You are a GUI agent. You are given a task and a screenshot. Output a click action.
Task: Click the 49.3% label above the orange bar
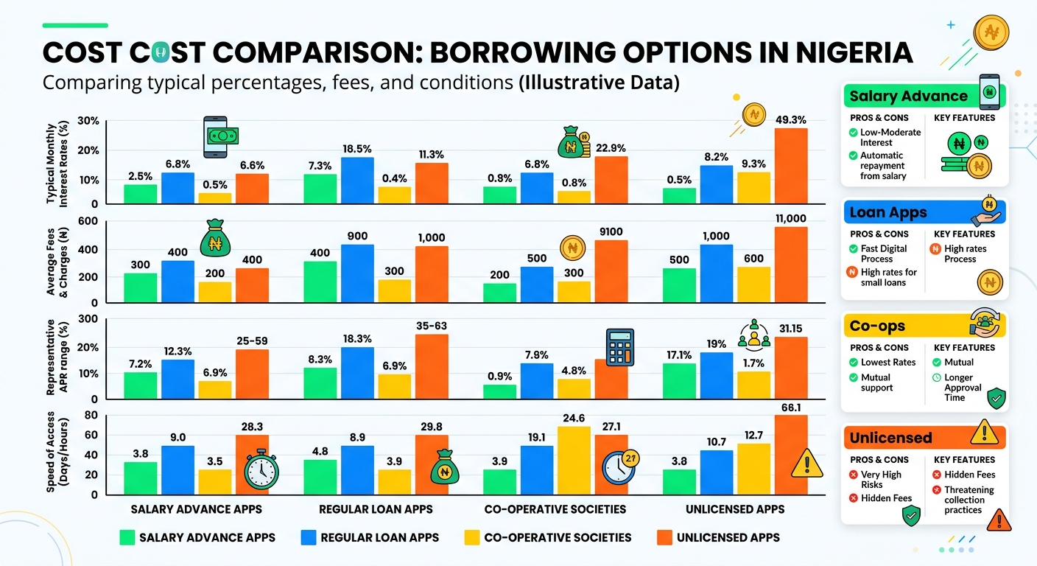[791, 120]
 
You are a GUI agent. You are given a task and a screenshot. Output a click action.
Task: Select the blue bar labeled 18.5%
[357, 181]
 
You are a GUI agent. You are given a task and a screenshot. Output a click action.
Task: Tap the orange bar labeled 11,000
[791, 265]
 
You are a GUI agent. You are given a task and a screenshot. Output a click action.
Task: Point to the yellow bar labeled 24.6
[574, 461]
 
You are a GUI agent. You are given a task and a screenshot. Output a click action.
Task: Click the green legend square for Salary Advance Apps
[127, 537]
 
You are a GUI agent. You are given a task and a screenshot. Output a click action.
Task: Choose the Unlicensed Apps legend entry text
[728, 537]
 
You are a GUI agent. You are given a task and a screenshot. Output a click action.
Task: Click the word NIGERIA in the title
[854, 52]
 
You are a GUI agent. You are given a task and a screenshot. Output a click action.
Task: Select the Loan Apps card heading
[888, 212]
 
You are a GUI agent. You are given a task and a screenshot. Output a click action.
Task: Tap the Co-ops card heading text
[877, 326]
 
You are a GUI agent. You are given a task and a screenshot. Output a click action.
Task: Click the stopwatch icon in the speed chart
[261, 469]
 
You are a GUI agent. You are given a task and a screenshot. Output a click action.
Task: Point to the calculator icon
[620, 348]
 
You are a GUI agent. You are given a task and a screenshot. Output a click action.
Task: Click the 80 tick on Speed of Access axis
[91, 414]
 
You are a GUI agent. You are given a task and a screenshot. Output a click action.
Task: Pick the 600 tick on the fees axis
[88, 221]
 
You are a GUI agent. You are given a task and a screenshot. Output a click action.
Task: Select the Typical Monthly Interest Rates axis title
[57, 163]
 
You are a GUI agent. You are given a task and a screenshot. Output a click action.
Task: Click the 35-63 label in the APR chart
[432, 326]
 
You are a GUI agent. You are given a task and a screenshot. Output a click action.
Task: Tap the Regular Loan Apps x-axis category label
[376, 509]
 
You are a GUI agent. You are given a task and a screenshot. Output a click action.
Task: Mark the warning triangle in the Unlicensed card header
[984, 432]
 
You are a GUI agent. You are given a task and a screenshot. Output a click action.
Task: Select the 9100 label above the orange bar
[611, 231]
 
